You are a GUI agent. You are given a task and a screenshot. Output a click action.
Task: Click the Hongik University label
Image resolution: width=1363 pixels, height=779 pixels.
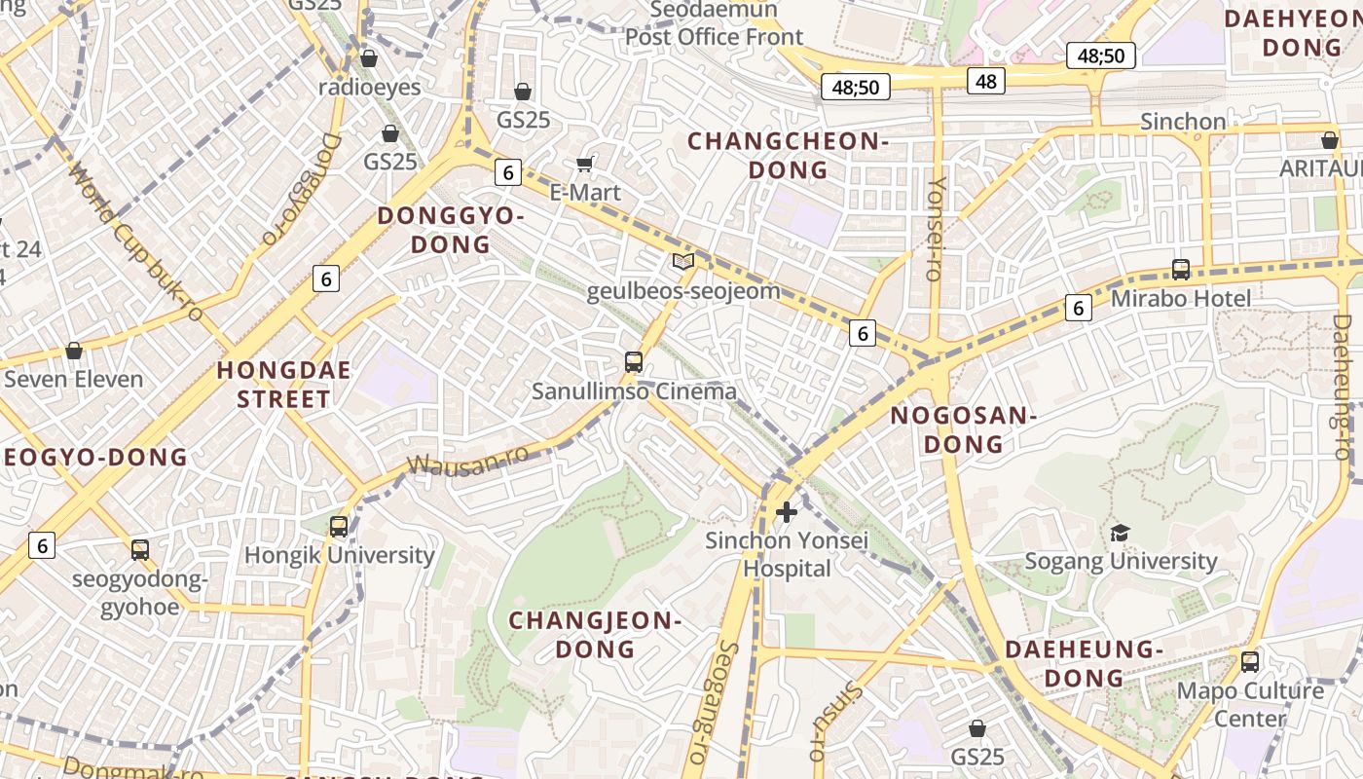click(x=339, y=555)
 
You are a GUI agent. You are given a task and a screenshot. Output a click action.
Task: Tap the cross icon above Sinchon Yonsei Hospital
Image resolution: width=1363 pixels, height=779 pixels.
click(x=787, y=511)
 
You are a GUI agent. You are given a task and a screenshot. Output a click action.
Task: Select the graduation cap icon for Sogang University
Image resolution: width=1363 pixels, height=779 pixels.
click(x=1120, y=533)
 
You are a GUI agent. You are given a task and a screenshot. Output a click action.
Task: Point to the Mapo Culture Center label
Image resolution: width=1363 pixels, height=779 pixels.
click(x=1250, y=704)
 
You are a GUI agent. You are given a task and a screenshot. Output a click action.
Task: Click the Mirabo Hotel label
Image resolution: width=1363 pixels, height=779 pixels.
click(x=1180, y=297)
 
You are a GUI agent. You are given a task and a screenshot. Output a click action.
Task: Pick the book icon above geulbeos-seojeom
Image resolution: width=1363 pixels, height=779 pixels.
click(x=683, y=261)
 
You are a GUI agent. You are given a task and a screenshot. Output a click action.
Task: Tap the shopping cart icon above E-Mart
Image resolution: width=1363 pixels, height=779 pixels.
click(x=585, y=164)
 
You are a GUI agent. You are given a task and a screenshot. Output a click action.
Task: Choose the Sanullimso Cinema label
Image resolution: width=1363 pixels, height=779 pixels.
click(x=634, y=391)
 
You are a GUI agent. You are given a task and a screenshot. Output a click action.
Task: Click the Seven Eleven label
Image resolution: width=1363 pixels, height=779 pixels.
click(x=74, y=379)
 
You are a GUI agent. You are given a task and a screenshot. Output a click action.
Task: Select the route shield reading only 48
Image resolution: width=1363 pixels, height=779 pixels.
click(x=986, y=81)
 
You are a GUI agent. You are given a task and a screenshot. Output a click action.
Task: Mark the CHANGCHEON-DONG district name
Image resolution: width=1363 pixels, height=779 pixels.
click(x=788, y=156)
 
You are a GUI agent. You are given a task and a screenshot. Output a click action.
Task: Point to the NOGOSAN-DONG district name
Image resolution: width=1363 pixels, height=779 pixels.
click(x=963, y=429)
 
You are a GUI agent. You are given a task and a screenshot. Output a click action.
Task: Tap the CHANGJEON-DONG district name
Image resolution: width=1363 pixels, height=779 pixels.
click(x=593, y=634)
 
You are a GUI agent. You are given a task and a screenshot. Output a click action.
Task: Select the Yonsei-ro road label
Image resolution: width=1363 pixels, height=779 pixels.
click(x=936, y=228)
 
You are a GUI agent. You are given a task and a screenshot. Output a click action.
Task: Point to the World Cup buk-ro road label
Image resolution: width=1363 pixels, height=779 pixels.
click(x=136, y=243)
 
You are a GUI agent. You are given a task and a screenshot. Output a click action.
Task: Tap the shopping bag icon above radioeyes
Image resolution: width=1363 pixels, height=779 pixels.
click(x=369, y=58)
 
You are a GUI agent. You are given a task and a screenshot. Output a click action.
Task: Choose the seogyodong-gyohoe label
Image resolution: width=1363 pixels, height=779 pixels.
click(x=140, y=593)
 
